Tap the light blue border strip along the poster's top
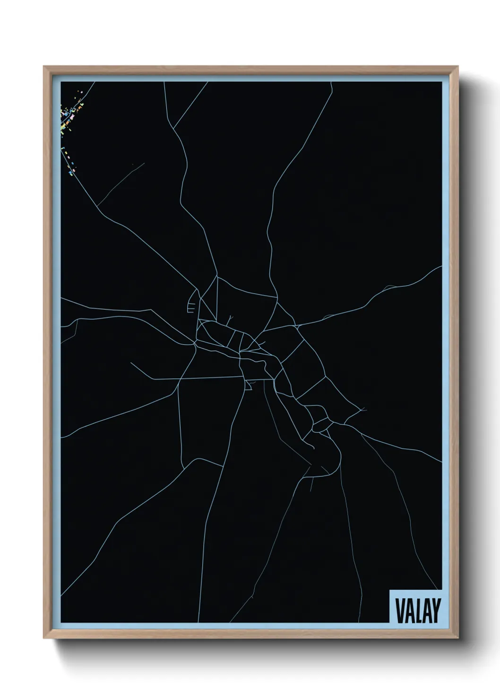point(250,78)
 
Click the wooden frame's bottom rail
point(250,634)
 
